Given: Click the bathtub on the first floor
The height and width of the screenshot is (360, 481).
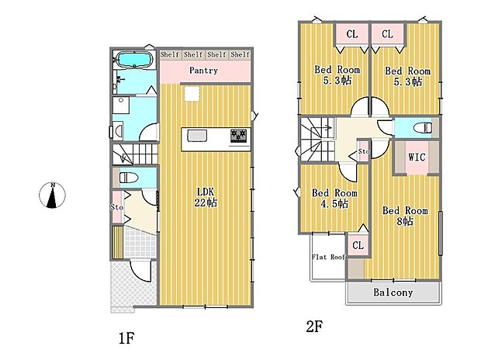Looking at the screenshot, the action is tap(133, 59).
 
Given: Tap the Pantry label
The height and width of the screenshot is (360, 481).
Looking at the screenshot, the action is tap(204, 71).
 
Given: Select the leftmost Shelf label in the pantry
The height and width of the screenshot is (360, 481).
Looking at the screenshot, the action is tap(170, 54).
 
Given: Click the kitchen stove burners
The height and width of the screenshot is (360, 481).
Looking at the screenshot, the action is tap(239, 136).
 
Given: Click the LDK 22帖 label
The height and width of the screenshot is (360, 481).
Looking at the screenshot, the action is tap(206, 197).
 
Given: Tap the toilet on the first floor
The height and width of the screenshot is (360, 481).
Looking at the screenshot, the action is tap(129, 178).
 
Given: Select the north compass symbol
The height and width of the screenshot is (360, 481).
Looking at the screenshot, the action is tap(52, 195).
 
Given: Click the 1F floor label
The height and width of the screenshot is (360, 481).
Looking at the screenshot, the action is tap(126, 338).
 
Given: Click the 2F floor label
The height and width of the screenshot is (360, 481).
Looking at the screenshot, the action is tap(314, 326).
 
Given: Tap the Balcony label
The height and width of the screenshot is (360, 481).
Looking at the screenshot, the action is tap(393, 292).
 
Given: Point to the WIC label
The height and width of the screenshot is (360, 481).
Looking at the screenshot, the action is tap(417, 157).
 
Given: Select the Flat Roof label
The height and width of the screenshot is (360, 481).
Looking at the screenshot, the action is tap(329, 257).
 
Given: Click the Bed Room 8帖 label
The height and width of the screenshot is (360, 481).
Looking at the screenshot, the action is tap(405, 216).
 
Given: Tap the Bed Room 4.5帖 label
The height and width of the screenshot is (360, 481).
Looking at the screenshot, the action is tap(334, 199).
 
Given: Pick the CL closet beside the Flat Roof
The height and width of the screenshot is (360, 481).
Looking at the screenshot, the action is tap(358, 245).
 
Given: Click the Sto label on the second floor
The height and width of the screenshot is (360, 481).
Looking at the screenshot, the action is tap(364, 151).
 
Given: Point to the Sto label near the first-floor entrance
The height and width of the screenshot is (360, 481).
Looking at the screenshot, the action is tap(117, 207).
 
